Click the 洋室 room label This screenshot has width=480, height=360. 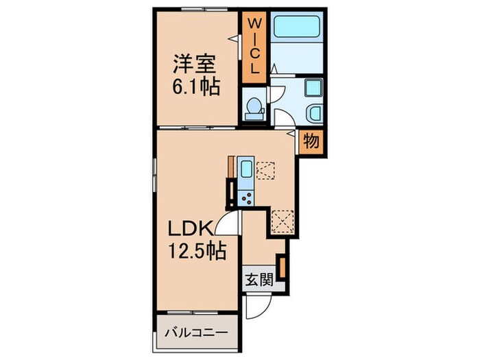point(195,64)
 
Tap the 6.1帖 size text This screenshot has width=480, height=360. point(196,87)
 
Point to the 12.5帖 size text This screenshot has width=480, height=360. point(197,250)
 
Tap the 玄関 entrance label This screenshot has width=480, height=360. point(259,280)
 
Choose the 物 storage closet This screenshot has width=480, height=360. point(311,141)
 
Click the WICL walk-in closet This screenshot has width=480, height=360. point(254,47)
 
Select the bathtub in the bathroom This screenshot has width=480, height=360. point(297,27)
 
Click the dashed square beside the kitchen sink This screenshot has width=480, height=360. point(265,171)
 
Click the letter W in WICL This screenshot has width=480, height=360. point(254,23)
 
